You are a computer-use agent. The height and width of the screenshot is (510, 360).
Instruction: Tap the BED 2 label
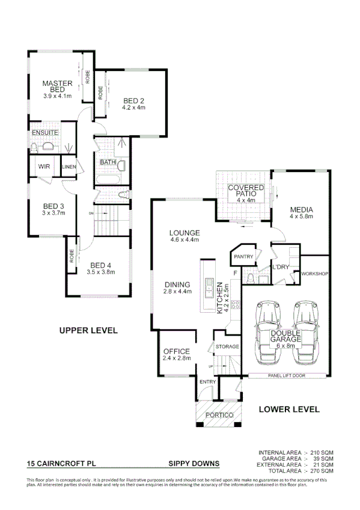point(134,100)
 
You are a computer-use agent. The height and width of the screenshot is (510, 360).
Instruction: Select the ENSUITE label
point(45,132)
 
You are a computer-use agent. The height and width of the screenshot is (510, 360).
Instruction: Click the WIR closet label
point(44,166)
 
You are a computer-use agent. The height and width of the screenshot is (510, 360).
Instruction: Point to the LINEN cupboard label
point(68,167)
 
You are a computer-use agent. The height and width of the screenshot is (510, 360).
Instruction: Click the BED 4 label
point(101,265)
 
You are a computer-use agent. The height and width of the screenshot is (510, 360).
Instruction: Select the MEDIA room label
point(302,210)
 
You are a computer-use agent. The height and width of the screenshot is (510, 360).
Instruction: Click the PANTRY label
point(243,257)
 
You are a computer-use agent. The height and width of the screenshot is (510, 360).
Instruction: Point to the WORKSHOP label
point(315,274)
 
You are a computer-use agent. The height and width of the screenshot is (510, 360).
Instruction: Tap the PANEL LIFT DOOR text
point(287,375)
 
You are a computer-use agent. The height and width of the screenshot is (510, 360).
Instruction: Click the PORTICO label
point(219,416)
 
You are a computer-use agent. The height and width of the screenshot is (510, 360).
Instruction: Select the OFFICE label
point(176,351)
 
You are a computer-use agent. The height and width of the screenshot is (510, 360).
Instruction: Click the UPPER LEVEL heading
point(88,330)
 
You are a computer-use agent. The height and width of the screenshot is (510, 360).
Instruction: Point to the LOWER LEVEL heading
point(288,409)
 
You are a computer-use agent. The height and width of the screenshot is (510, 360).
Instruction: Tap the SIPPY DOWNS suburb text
point(194,464)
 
